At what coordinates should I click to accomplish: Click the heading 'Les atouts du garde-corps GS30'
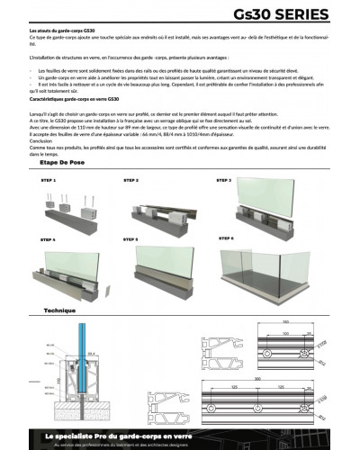point(65,31)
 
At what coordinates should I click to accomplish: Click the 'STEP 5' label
point(130,240)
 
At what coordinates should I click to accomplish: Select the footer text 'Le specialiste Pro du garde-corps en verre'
point(126,435)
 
